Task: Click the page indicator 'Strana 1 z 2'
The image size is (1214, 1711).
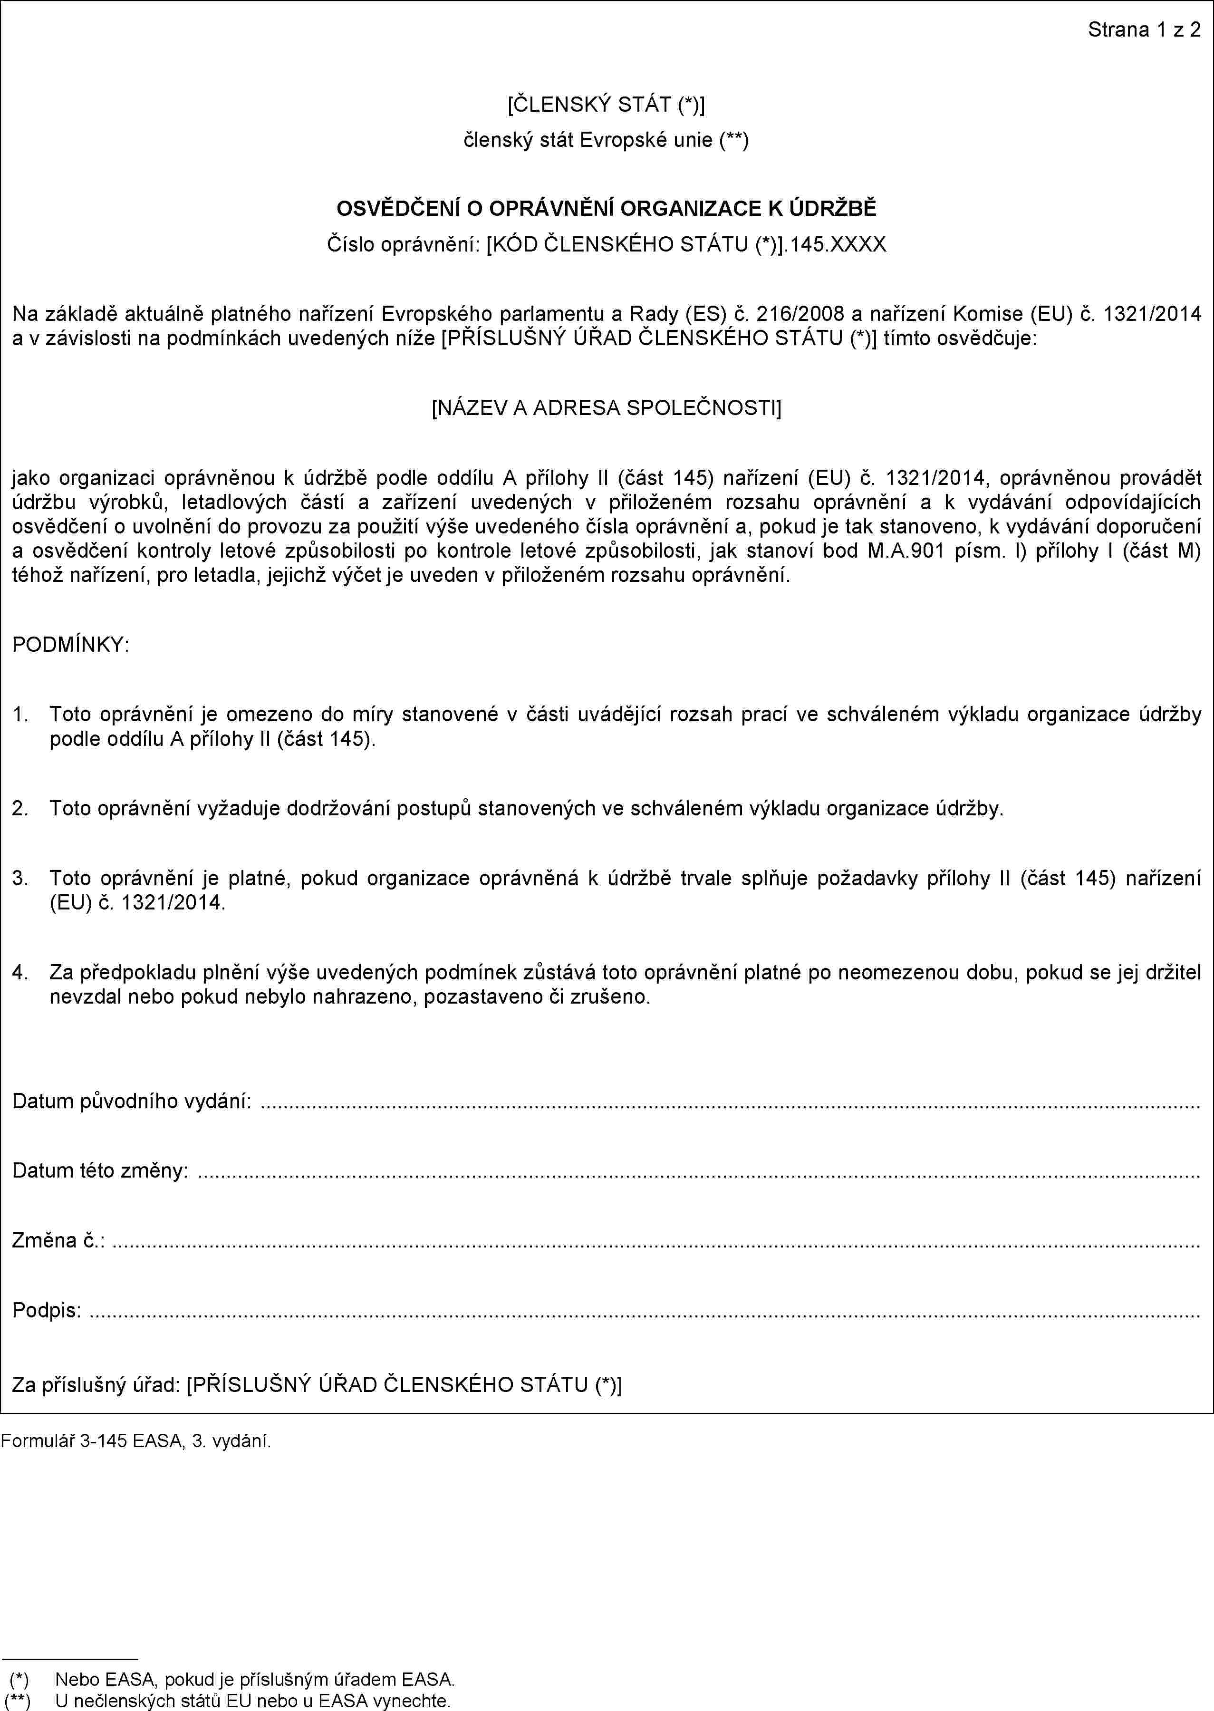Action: (x=1144, y=30)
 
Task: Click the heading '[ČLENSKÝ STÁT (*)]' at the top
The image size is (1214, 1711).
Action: (x=606, y=105)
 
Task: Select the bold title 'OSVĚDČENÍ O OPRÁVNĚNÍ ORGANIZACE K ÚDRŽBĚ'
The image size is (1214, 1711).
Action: (x=606, y=209)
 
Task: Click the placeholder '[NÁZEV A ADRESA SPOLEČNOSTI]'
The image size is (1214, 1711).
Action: (x=606, y=408)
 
